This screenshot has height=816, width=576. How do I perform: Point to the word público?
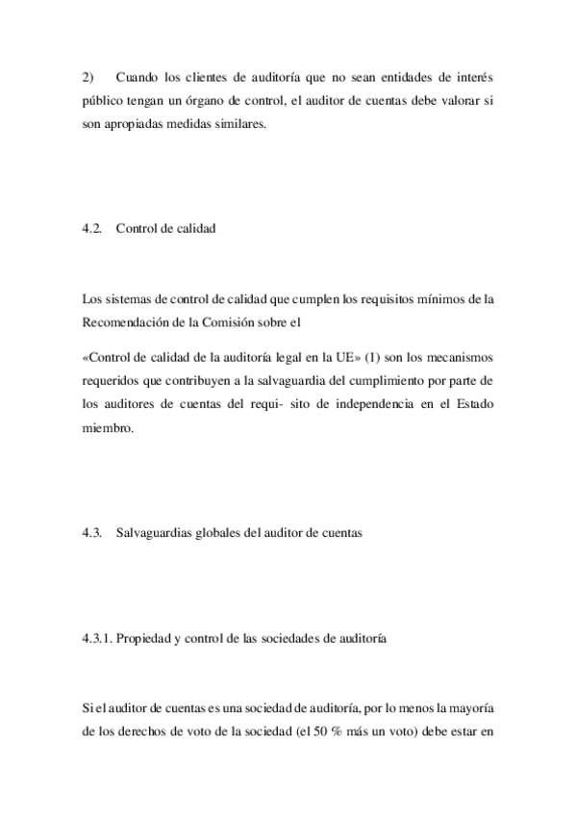pyautogui.click(x=104, y=102)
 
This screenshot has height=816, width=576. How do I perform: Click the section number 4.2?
pyautogui.click(x=92, y=228)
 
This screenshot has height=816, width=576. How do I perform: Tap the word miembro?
pyautogui.click(x=106, y=429)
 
